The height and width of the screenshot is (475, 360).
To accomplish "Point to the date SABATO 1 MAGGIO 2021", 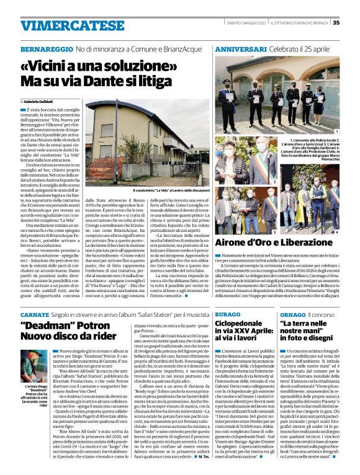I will [x=250, y=23].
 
